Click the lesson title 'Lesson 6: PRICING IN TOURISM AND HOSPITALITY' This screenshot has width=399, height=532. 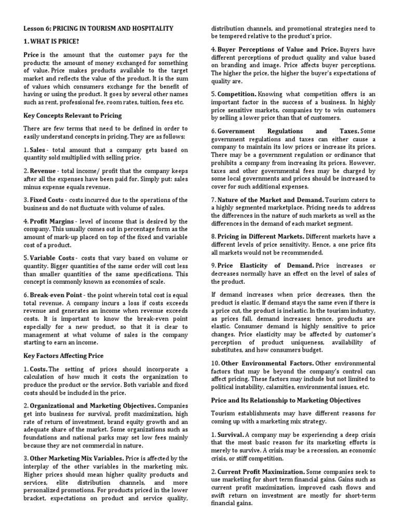pos(99,28)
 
